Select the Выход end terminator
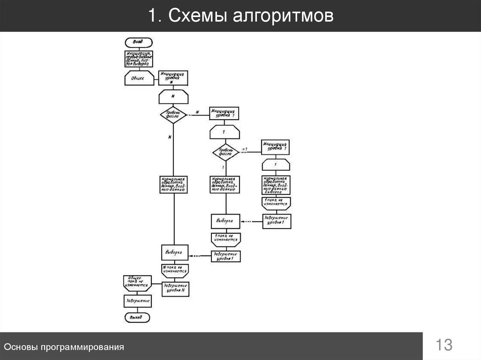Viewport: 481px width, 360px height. click(137, 318)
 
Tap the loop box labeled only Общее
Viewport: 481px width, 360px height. click(139, 78)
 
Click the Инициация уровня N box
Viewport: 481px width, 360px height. click(174, 78)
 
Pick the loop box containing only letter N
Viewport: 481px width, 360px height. click(174, 96)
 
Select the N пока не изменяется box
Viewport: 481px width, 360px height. click(175, 270)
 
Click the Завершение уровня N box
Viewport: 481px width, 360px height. click(175, 288)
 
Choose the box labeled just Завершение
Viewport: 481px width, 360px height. click(137, 300)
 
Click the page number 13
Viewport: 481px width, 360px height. click(444, 345)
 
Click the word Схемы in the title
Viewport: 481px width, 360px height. click(193, 16)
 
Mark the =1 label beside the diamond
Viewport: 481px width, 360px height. click(244, 149)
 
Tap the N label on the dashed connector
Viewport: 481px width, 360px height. click(197, 112)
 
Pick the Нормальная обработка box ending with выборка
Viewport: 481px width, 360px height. click(276, 185)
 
